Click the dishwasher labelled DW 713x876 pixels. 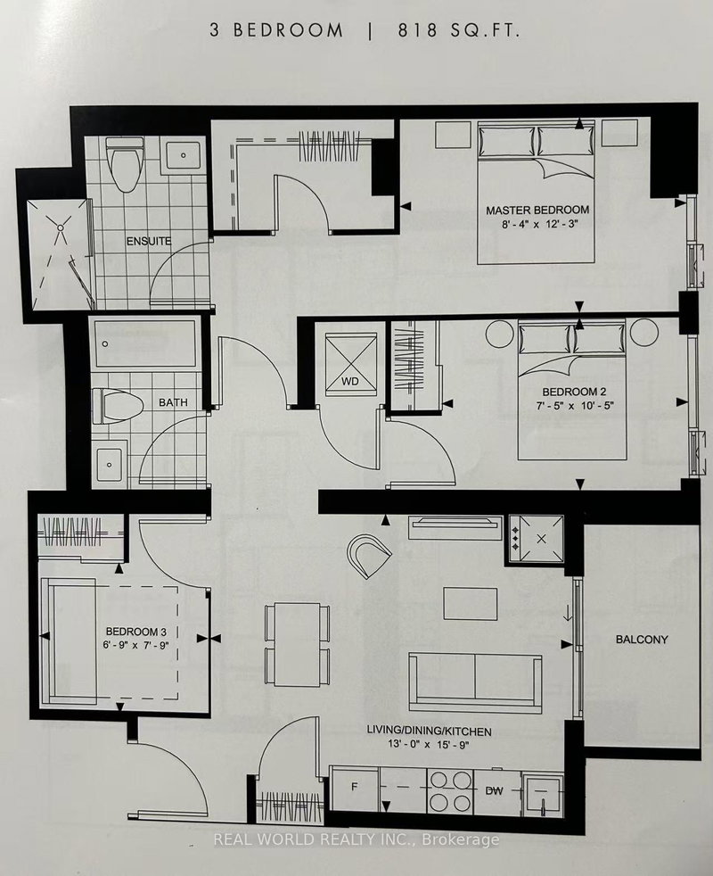click(496, 789)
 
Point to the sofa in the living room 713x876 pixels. click(474, 678)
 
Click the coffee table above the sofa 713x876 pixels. click(472, 603)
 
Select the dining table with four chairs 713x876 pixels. click(298, 644)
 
